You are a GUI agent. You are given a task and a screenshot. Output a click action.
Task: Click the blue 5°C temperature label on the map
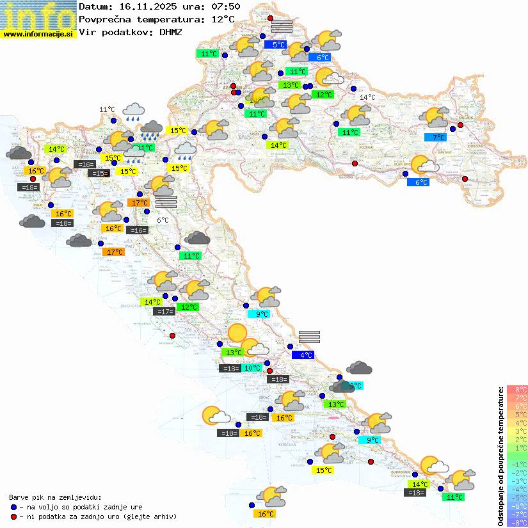(279, 45)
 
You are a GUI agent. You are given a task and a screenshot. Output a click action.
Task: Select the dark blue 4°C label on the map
(303, 355)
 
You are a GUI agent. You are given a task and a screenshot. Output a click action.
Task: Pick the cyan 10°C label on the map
(252, 368)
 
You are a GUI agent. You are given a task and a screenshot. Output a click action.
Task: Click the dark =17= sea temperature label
(164, 312)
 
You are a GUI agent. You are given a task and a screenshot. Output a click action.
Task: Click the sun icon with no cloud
(237, 333)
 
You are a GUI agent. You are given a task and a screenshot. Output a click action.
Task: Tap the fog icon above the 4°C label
(309, 337)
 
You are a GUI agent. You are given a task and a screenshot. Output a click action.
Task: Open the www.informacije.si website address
(38, 34)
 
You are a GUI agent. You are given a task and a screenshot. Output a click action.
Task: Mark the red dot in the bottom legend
(13, 516)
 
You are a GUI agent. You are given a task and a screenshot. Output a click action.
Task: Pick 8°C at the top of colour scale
(517, 390)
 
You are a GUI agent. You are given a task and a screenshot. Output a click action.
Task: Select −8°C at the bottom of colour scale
(517, 522)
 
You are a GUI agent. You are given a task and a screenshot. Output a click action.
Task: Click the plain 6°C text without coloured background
(163, 220)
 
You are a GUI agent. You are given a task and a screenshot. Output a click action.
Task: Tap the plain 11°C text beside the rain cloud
(107, 110)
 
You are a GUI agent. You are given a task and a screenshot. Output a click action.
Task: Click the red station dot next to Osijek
(460, 125)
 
